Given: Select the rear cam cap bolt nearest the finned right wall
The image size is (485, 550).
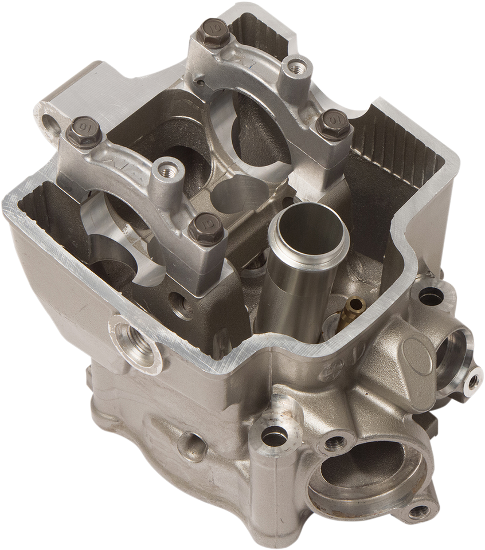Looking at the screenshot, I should coord(328,121).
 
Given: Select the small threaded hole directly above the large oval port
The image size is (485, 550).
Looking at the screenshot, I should coord(334,442).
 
